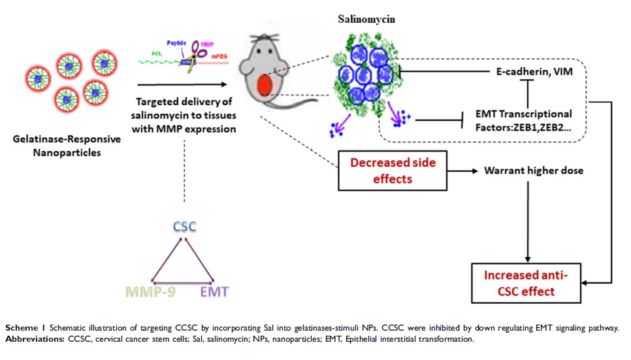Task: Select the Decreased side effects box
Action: point(393,170)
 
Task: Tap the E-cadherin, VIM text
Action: point(531,71)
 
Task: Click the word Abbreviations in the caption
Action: point(33,339)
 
